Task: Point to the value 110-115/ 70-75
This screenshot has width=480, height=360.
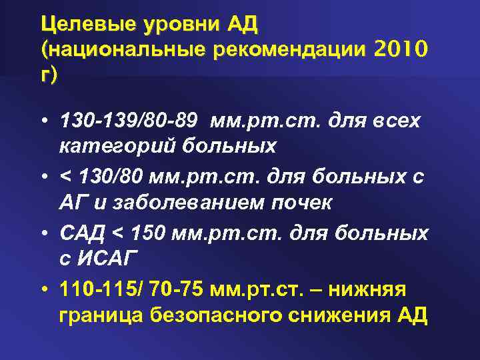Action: tap(142, 291)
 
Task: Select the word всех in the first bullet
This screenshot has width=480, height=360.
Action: tap(394, 121)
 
